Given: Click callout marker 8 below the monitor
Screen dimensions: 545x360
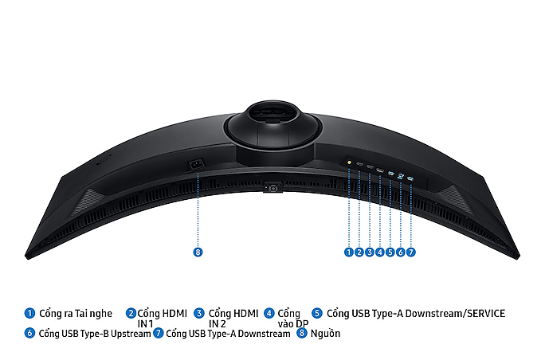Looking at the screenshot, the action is pyautogui.click(x=198, y=252).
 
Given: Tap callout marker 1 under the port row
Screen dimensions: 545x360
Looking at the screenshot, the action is pyautogui.click(x=349, y=252).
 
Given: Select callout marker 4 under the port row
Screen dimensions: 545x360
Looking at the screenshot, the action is pyautogui.click(x=380, y=252).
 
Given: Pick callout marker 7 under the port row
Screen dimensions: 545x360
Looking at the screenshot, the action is pyautogui.click(x=411, y=252).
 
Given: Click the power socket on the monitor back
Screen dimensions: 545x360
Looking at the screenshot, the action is pyautogui.click(x=196, y=164).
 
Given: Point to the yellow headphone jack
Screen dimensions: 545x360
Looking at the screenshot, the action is pyautogui.click(x=349, y=162).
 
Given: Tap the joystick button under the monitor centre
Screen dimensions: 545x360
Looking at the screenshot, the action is pyautogui.click(x=272, y=188).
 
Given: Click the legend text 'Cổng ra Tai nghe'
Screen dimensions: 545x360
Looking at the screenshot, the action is pyautogui.click(x=76, y=314).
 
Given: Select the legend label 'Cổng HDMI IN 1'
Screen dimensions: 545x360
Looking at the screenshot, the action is pyautogui.click(x=162, y=319).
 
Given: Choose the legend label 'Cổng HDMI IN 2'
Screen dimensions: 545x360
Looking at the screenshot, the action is pyautogui.click(x=233, y=319).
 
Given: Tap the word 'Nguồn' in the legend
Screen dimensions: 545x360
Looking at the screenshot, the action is pyautogui.click(x=325, y=334).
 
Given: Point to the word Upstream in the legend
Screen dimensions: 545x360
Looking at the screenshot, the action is pyautogui.click(x=131, y=334).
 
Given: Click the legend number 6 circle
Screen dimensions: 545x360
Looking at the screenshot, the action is pyautogui.click(x=29, y=333).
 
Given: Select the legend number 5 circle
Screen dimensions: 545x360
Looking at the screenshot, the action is pyautogui.click(x=316, y=313).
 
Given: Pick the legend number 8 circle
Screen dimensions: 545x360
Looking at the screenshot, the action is pyautogui.click(x=301, y=333).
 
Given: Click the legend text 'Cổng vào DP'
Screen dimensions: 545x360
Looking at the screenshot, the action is pyautogui.click(x=292, y=319).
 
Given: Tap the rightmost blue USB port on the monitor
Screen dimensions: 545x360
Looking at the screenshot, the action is pyautogui.click(x=410, y=178).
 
